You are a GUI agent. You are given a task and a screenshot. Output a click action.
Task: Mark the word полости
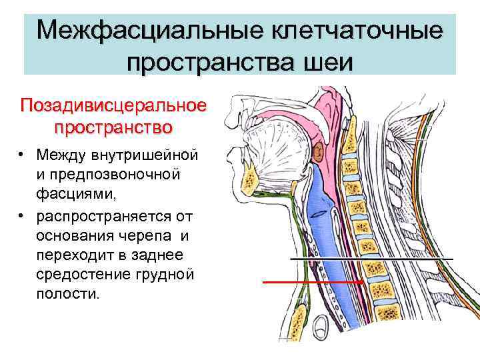[x=68, y=294]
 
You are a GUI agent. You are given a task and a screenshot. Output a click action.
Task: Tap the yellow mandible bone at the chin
[x=251, y=177]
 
